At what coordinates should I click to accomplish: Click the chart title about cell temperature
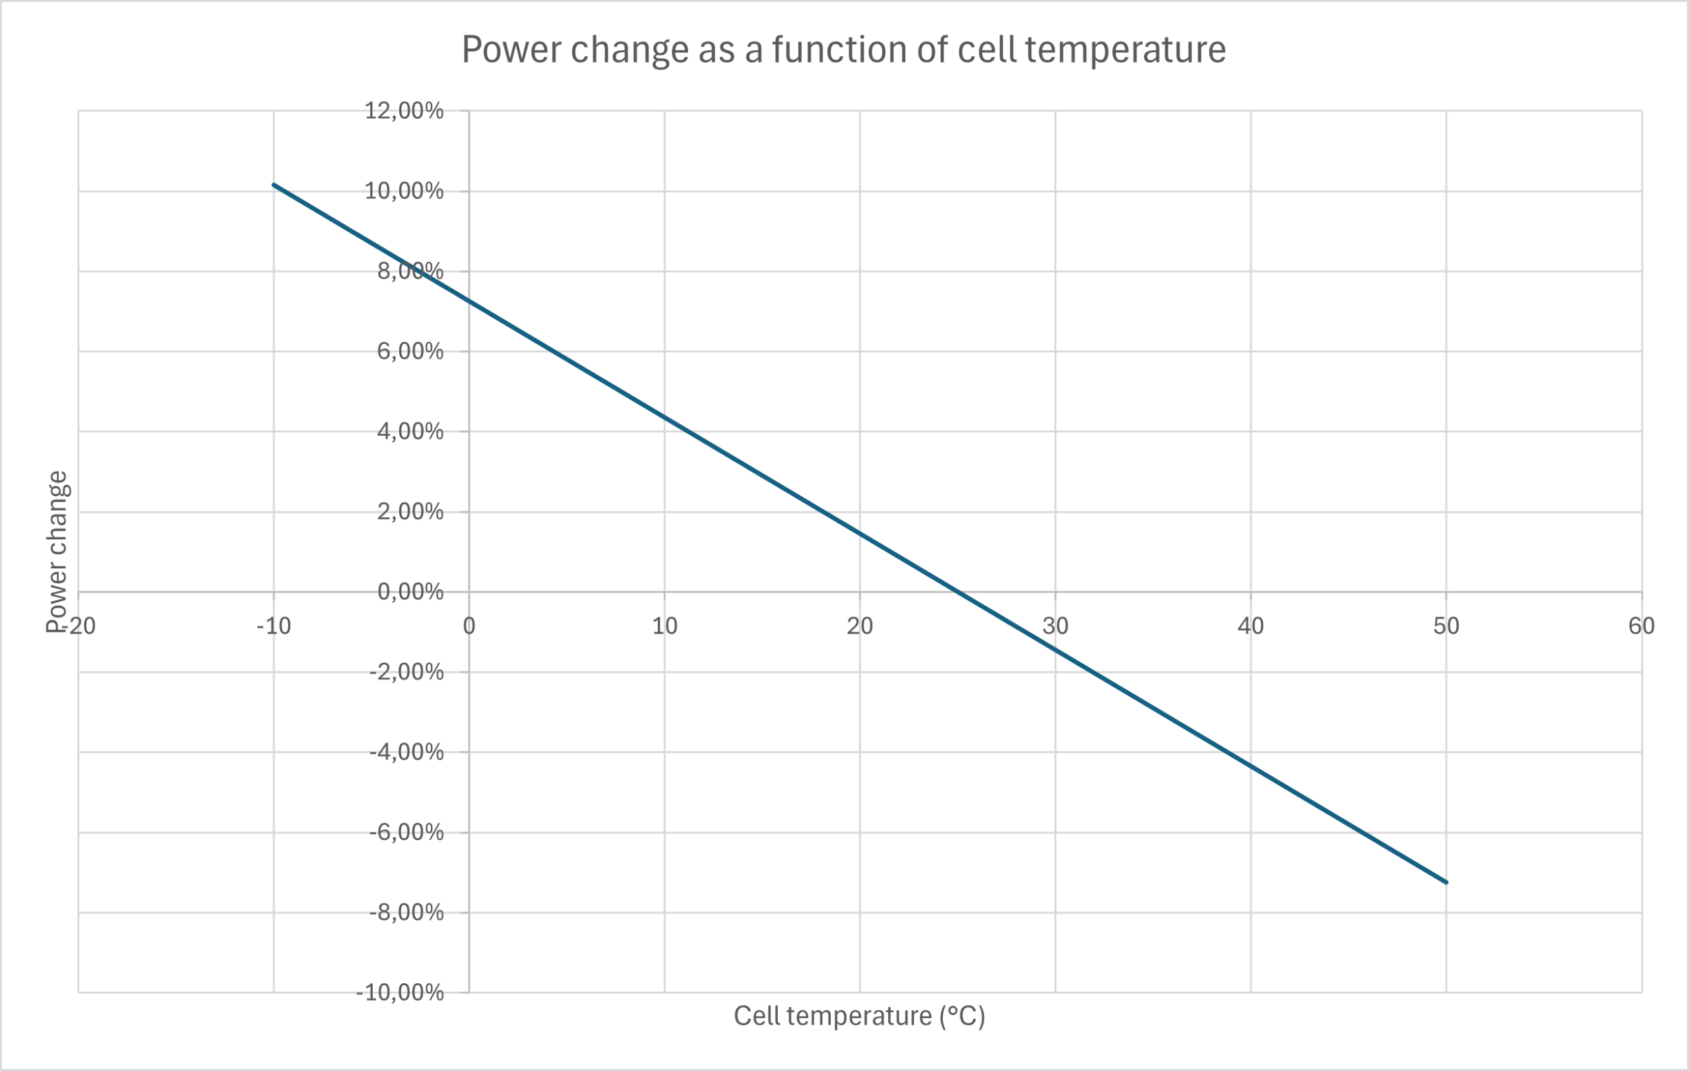[x=843, y=49]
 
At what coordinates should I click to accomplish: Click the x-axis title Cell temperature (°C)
[x=859, y=1016]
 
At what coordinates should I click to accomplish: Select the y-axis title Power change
[x=57, y=551]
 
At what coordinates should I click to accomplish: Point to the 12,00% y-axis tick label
[x=404, y=111]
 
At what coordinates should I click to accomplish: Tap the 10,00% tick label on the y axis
[x=404, y=191]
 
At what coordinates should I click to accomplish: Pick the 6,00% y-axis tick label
[x=410, y=351]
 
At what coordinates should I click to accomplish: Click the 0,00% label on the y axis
[x=410, y=592]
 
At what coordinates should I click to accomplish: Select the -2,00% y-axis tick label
[x=407, y=672]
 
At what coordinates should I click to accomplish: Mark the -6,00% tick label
[x=407, y=833]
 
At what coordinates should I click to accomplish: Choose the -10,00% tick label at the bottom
[x=400, y=992]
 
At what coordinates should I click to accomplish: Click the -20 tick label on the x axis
[x=79, y=626]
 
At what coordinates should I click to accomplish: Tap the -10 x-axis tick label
[x=274, y=626]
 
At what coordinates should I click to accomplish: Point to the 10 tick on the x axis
[x=665, y=626]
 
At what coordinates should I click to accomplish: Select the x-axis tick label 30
[x=1056, y=626]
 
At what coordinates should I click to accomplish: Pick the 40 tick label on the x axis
[x=1251, y=626]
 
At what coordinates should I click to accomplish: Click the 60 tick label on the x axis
[x=1641, y=626]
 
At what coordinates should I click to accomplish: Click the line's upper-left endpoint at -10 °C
[x=274, y=185]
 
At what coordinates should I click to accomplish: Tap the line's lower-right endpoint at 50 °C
[x=1446, y=882]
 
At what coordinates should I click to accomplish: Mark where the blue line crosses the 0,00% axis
[x=957, y=592]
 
